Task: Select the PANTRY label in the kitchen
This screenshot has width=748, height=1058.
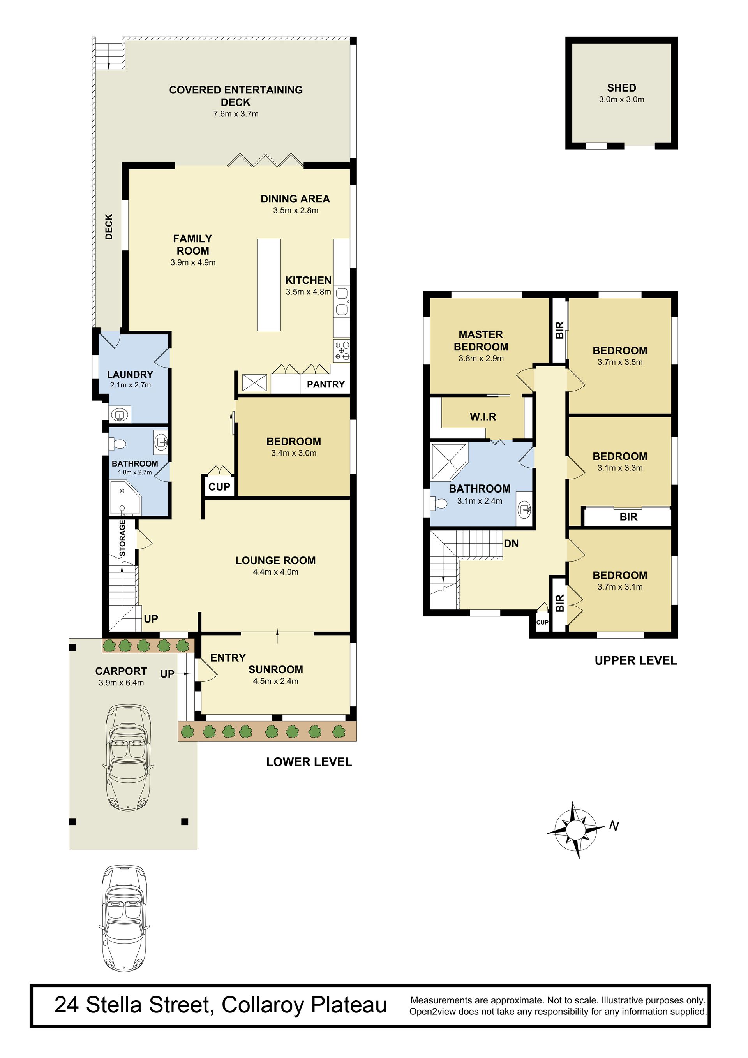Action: coord(326,384)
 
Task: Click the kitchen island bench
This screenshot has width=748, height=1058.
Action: coord(269,284)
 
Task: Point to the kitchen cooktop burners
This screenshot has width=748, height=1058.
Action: coord(342,350)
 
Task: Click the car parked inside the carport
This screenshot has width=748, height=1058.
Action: coord(128,757)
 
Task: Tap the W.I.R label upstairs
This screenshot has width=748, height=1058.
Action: coord(483,417)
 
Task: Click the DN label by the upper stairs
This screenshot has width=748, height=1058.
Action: coord(511,543)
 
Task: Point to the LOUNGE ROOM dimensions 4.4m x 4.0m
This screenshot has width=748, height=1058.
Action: coord(275,572)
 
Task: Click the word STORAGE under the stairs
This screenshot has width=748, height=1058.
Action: coord(122,538)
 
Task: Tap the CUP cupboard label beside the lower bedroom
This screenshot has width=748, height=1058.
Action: coord(219,487)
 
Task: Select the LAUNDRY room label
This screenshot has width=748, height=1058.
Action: coord(130,375)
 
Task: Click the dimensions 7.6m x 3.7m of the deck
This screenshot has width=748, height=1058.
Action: coord(236,114)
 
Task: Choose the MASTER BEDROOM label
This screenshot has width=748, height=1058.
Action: coord(481,341)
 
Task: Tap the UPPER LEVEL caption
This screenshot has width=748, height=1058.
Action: coord(635,660)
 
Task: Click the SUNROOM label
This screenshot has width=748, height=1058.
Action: coord(276,669)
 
